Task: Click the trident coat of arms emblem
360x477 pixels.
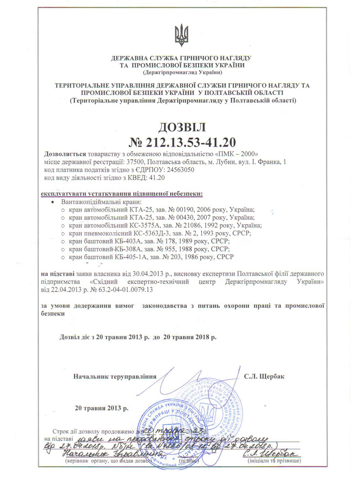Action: (x=181, y=36)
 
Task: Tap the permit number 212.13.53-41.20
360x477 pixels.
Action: (x=191, y=142)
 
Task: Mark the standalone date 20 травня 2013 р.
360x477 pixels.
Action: (x=102, y=409)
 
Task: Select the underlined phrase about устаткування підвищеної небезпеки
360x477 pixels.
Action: (x=121, y=194)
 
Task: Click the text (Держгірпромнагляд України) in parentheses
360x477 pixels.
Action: (x=181, y=72)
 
